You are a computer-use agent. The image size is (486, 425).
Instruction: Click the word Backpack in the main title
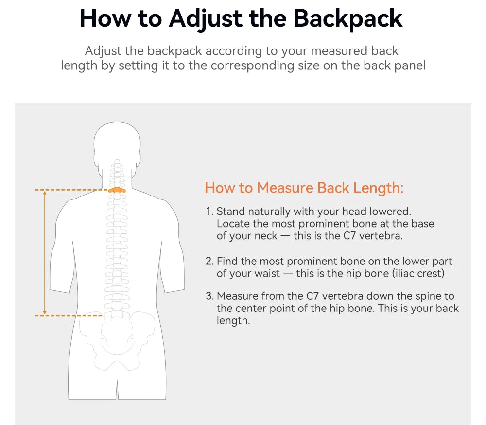coord(348,18)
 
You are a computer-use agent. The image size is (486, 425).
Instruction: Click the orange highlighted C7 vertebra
coord(117,190)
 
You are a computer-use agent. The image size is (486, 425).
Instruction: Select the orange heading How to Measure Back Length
coord(304,188)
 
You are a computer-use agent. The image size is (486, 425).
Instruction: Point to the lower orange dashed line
coord(68,316)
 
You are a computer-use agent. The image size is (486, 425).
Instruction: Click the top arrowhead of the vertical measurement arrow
coord(45,193)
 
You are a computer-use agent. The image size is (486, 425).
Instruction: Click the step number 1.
coord(209,212)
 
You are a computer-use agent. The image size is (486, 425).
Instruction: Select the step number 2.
coord(209,261)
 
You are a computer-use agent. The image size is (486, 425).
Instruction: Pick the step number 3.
coord(209,296)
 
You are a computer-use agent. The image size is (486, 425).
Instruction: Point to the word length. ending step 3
coord(233,320)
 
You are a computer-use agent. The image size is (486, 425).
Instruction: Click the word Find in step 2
coord(227,261)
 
